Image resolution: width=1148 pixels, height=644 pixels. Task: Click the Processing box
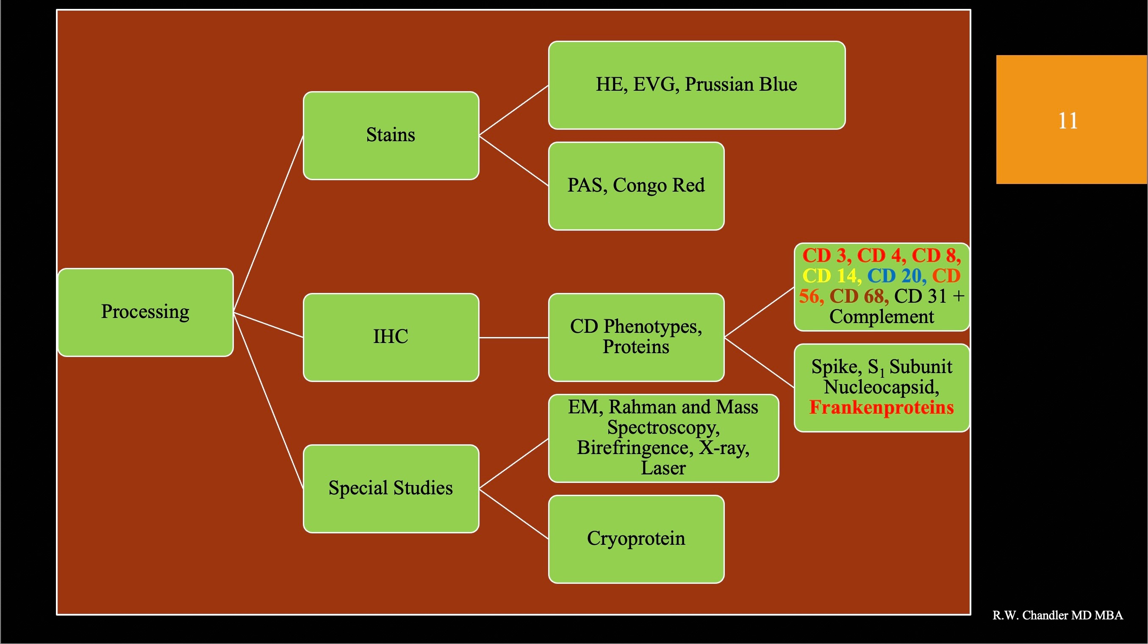[145, 312]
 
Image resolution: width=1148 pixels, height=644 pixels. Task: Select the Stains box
[391, 136]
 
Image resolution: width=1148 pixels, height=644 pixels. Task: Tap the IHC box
[391, 337]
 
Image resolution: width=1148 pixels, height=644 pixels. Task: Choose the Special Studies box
[391, 488]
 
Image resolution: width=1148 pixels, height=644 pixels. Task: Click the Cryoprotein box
[636, 539]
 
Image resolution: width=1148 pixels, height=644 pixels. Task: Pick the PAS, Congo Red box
[636, 186]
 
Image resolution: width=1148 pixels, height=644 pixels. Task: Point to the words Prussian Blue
[740, 84]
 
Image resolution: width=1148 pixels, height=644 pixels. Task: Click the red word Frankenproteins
[882, 407]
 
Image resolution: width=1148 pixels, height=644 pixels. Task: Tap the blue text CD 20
[894, 276]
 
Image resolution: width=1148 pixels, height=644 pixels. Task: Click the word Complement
[882, 317]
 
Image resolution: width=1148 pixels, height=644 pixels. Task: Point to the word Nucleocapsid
[881, 387]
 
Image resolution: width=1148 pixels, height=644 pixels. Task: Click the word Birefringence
[635, 447]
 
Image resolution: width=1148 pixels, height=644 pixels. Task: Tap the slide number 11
[1068, 121]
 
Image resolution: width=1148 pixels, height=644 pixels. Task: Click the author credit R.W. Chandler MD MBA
[1057, 615]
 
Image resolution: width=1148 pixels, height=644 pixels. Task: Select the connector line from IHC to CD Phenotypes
[514, 337]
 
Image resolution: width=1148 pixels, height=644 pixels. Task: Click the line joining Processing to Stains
[268, 224]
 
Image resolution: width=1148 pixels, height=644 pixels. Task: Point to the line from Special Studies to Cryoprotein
[514, 514]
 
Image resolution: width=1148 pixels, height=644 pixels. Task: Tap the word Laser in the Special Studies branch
[663, 468]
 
